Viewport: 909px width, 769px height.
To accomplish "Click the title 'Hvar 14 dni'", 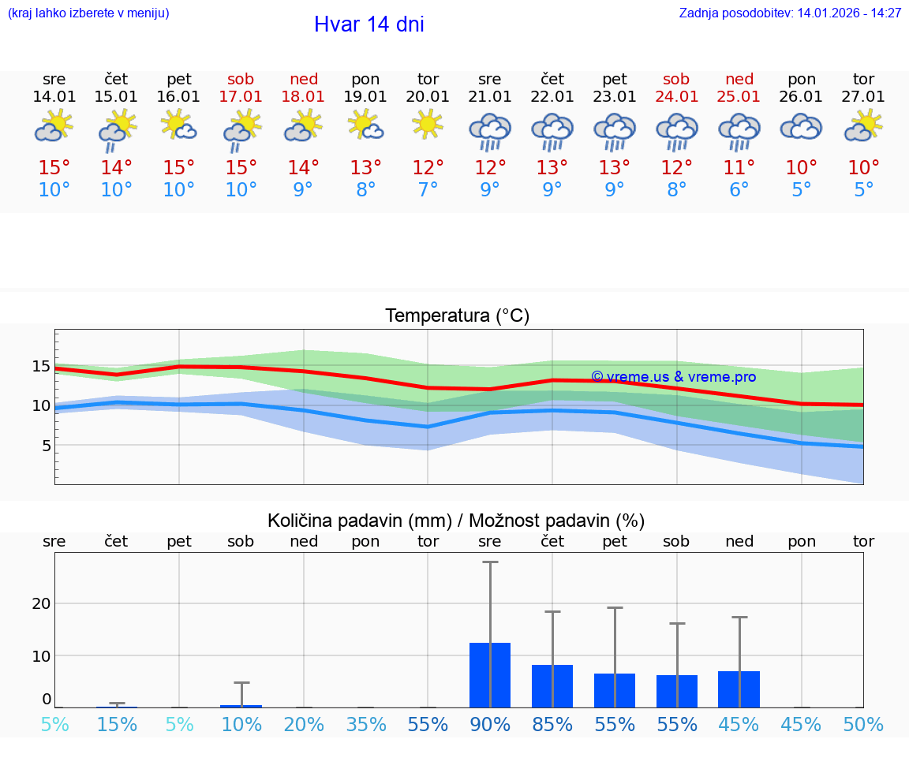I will click(x=368, y=24).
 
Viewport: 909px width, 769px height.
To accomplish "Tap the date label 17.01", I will click(x=241, y=97).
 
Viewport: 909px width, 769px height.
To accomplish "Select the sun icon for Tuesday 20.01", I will click(x=428, y=125).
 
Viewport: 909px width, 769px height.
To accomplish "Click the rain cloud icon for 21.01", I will click(x=490, y=131).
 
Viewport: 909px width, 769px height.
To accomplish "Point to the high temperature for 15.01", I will click(x=117, y=168).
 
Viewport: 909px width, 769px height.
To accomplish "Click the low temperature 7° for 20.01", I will click(x=428, y=190).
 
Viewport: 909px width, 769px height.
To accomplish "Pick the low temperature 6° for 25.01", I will click(x=739, y=190).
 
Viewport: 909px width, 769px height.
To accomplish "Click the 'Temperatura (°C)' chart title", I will click(x=457, y=316).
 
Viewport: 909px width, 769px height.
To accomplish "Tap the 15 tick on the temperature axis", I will click(x=41, y=366).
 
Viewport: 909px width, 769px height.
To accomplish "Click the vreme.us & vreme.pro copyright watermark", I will click(x=673, y=377).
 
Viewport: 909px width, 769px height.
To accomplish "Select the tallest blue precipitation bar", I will click(x=490, y=675).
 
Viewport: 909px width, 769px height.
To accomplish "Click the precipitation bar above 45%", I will click(x=739, y=689).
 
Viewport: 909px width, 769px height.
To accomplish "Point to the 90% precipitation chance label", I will click(x=490, y=724).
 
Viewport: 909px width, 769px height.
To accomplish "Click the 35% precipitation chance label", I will click(x=366, y=724).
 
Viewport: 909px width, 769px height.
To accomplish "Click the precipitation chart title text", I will click(x=456, y=521).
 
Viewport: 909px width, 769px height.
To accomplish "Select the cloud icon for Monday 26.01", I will click(x=801, y=126).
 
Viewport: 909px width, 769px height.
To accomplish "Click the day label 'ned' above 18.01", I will click(x=304, y=79).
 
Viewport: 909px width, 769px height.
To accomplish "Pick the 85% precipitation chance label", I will click(x=552, y=724).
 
